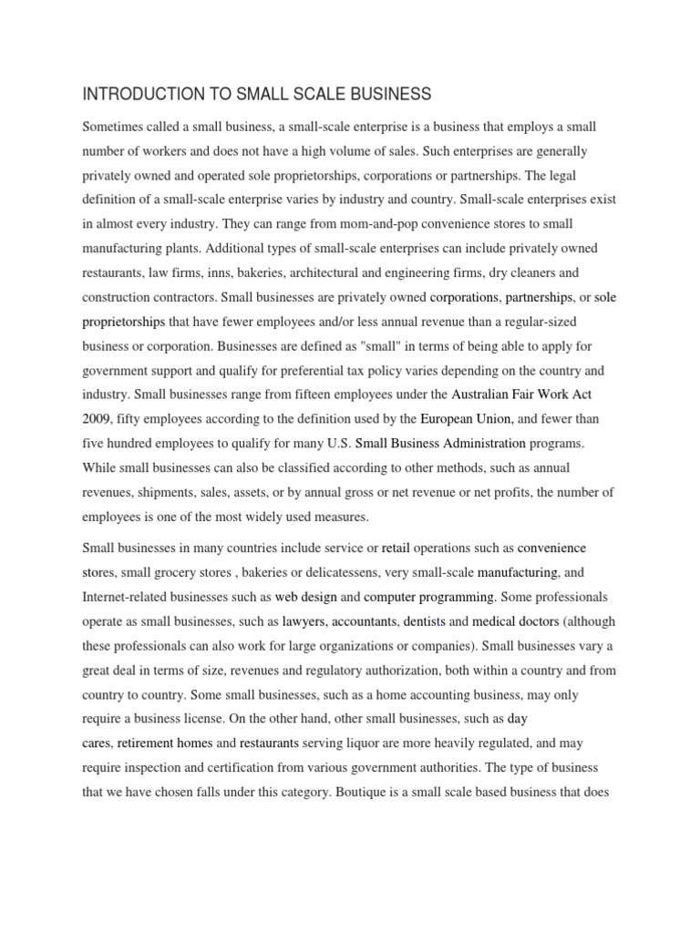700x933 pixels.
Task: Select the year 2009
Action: [97, 419]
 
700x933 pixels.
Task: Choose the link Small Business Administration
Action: [440, 444]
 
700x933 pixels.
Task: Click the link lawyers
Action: [304, 622]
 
